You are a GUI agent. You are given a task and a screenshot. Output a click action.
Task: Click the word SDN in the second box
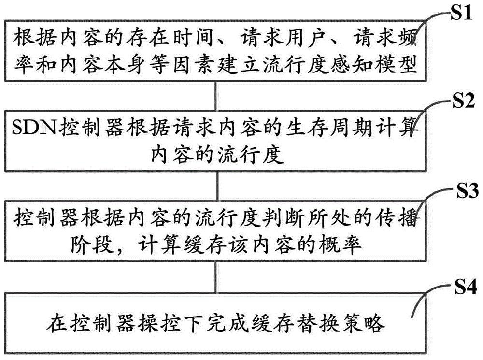pos(34,128)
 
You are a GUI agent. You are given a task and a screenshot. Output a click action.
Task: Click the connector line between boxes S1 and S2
pos(215,97)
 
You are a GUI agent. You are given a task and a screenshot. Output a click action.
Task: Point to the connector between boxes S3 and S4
pos(216,277)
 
